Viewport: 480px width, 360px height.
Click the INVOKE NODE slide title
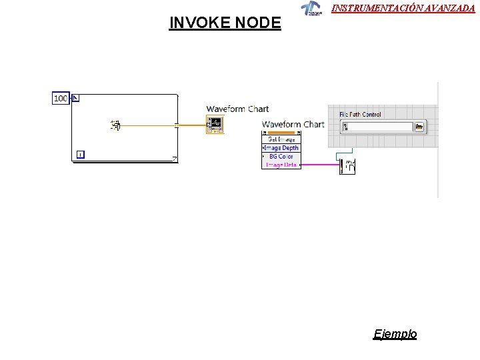pos(225,23)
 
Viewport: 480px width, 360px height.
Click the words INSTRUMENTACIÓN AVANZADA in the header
pos(403,8)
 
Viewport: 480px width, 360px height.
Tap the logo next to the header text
pos(310,9)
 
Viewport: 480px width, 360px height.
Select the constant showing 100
pos(60,99)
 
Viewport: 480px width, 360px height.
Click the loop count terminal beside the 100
pos(75,99)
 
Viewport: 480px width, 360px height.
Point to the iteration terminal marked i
pos(80,155)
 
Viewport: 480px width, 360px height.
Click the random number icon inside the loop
pos(116,125)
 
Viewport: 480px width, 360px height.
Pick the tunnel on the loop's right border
pos(177,125)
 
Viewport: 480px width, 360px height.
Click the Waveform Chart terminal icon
pos(215,124)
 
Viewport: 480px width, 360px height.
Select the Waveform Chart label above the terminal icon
pos(237,109)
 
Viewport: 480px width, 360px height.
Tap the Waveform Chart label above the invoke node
pos(293,125)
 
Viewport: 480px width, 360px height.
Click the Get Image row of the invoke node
pos(281,139)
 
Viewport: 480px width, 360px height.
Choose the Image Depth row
pos(282,148)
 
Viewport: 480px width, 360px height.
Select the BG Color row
pos(281,157)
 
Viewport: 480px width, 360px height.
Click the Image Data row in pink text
pos(281,165)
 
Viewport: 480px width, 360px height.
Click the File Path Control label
pos(360,115)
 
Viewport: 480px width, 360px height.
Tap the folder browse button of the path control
pos(419,127)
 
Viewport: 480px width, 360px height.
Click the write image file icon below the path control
pos(347,167)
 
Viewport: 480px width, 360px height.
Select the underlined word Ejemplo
pos(395,334)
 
